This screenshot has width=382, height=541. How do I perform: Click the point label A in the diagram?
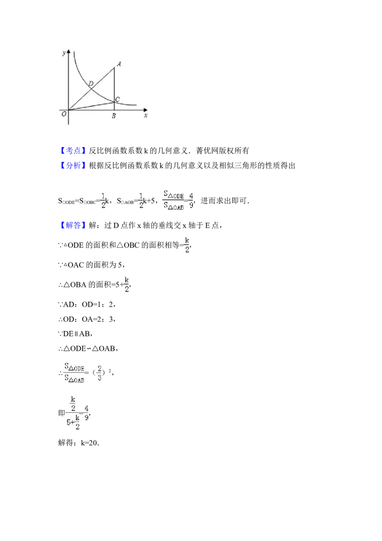(118, 64)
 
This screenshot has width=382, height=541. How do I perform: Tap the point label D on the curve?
(91, 84)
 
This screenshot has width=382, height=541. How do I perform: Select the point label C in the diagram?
(117, 98)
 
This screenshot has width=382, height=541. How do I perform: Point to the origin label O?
(64, 114)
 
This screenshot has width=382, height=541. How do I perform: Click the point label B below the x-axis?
(113, 116)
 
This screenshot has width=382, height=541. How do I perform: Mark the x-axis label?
(145, 115)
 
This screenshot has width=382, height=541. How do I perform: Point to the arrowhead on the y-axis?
(69, 49)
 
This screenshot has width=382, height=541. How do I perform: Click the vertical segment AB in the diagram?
(114, 86)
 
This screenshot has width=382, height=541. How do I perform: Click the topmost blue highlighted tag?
(74, 151)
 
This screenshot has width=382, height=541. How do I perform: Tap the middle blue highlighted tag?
(74, 166)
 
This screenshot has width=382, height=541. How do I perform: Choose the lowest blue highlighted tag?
(74, 225)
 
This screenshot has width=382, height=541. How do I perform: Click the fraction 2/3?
(100, 373)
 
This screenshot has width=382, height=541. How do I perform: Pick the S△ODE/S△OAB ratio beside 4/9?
(173, 201)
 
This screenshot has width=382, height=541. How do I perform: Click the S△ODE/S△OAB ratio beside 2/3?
(74, 373)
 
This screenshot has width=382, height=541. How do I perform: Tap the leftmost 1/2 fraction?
(103, 201)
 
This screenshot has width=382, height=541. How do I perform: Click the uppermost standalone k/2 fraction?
(187, 245)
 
